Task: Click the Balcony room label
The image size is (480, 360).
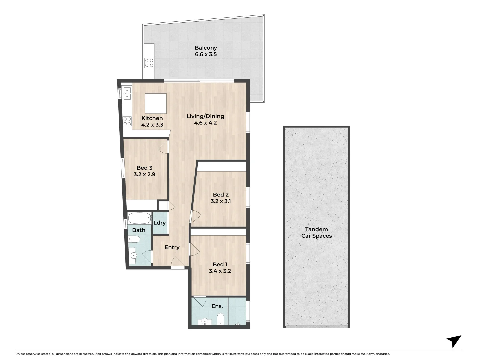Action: [x=206, y=48]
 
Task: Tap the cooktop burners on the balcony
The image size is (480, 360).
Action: [x=149, y=63]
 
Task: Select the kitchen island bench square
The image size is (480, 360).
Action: [x=156, y=103]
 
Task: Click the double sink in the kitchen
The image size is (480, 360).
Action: [x=127, y=93]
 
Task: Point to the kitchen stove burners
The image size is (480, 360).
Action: [x=127, y=121]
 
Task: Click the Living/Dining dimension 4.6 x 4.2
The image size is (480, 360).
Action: [x=205, y=123]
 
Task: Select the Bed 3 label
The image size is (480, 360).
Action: [x=144, y=168]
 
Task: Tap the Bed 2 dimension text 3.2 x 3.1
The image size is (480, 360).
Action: [x=220, y=201]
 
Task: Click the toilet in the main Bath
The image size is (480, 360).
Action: [x=134, y=239]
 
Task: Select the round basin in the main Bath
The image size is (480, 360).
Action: [x=134, y=256]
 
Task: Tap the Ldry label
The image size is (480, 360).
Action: [x=159, y=223]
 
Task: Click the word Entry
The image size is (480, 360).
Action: [x=172, y=247]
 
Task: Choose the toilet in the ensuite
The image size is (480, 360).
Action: [x=220, y=318]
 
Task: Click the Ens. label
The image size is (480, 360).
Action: [x=217, y=306]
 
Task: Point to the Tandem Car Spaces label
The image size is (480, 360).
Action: [x=316, y=232]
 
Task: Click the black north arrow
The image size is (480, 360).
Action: [x=454, y=341]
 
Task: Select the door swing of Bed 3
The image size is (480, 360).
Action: [x=163, y=147]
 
